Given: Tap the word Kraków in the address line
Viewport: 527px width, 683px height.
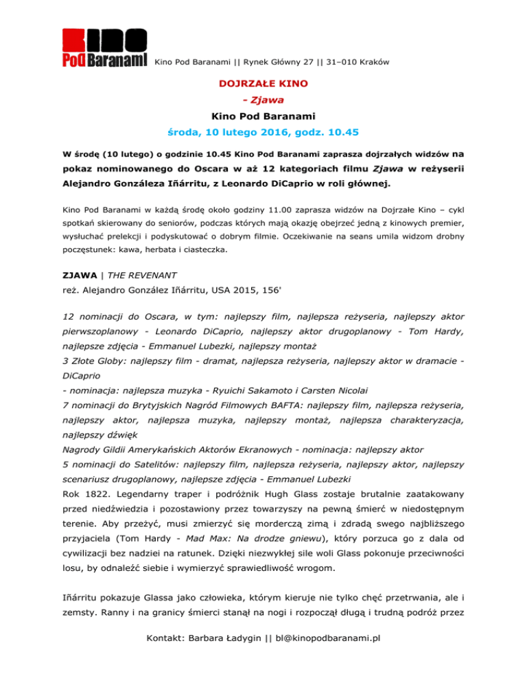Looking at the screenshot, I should point(372,62).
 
